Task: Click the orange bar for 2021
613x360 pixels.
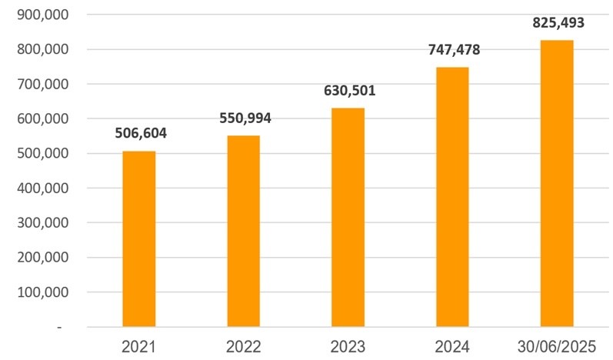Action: (x=138, y=239)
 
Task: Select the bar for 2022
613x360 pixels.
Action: (x=243, y=232)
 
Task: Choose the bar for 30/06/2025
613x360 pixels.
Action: (x=557, y=184)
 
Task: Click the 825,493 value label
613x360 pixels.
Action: (x=558, y=23)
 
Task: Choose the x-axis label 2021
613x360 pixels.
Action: (x=138, y=346)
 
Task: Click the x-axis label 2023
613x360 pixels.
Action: (x=348, y=346)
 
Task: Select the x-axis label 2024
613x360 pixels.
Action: (x=452, y=346)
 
